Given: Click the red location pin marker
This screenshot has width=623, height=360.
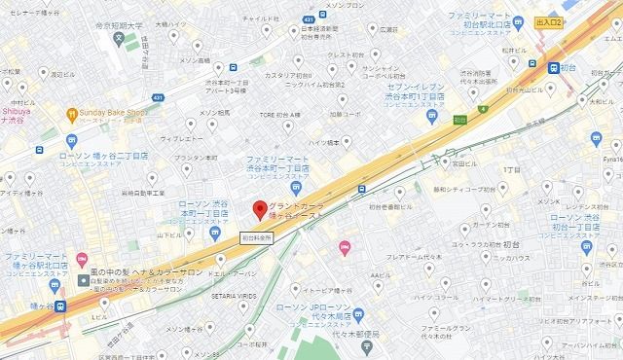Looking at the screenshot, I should click(259, 210).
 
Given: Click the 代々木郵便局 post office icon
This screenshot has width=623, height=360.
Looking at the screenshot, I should click(359, 315).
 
